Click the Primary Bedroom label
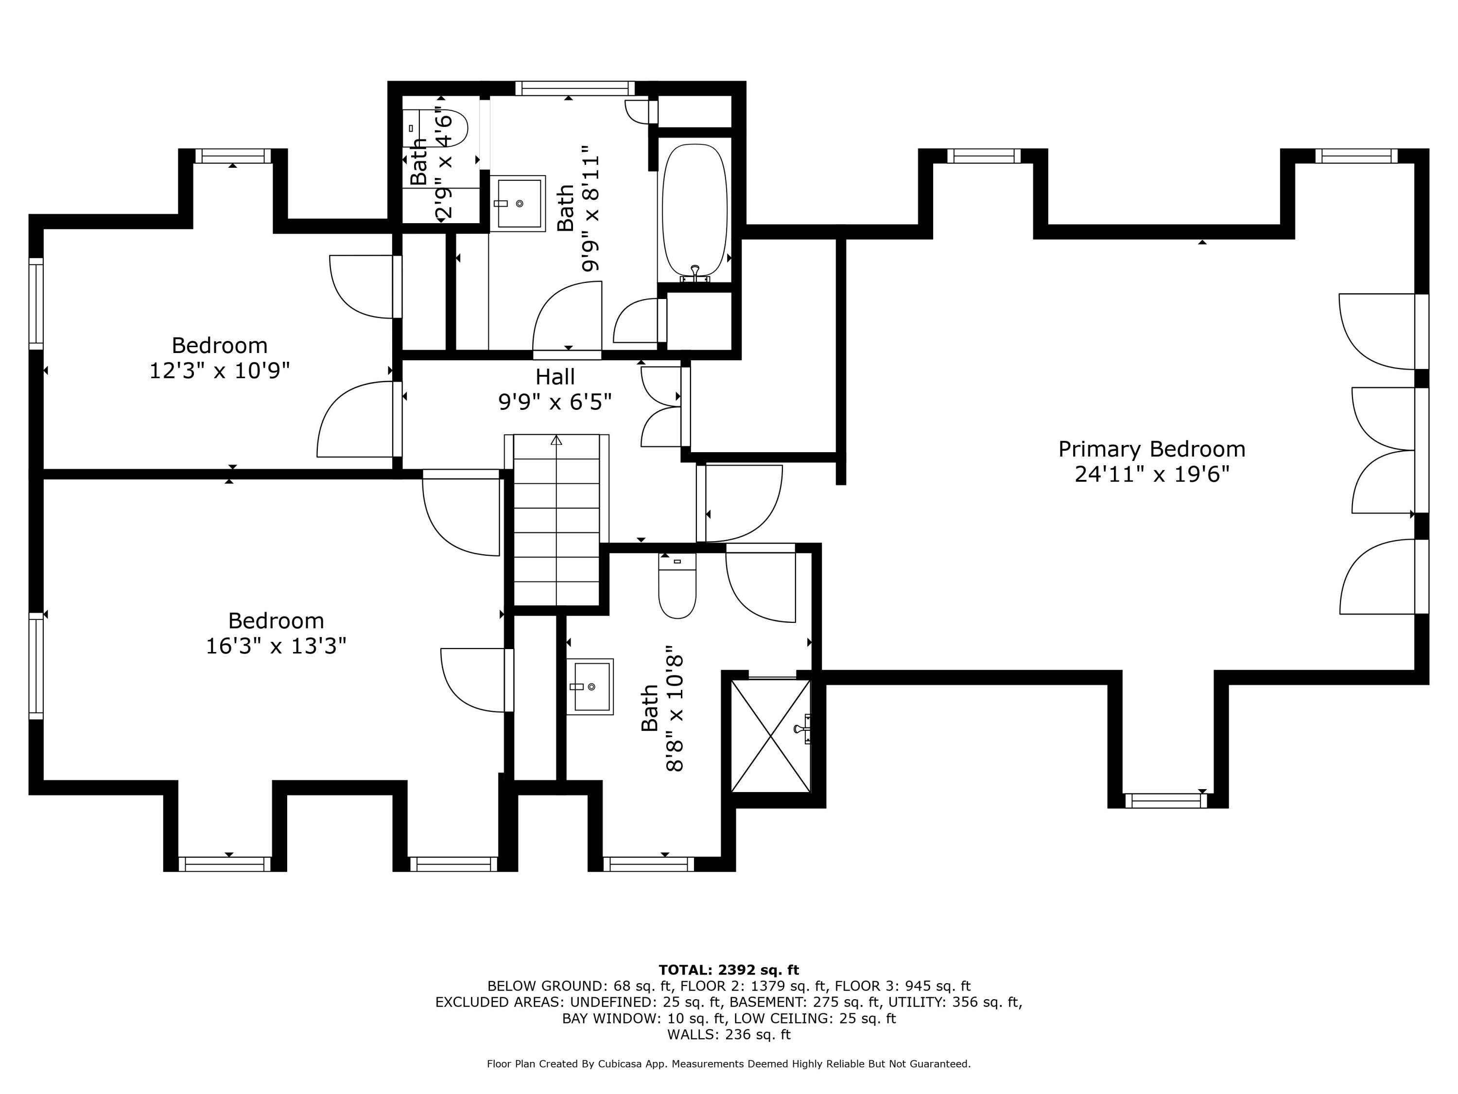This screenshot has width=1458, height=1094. (1151, 449)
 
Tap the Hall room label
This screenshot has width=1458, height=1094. (555, 376)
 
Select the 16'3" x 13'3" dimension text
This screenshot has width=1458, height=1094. (276, 646)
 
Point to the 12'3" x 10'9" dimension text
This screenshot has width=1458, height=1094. (220, 371)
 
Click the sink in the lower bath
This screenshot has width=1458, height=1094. (590, 687)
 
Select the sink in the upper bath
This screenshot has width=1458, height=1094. (518, 203)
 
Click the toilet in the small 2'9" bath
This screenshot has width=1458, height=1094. (435, 128)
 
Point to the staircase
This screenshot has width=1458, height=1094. (556, 520)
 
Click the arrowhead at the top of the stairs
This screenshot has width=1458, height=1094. (556, 440)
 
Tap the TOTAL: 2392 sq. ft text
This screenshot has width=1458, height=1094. (729, 970)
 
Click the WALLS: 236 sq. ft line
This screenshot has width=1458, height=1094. (729, 1035)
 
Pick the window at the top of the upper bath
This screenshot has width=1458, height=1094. (575, 88)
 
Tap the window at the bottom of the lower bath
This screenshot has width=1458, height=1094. (649, 865)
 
